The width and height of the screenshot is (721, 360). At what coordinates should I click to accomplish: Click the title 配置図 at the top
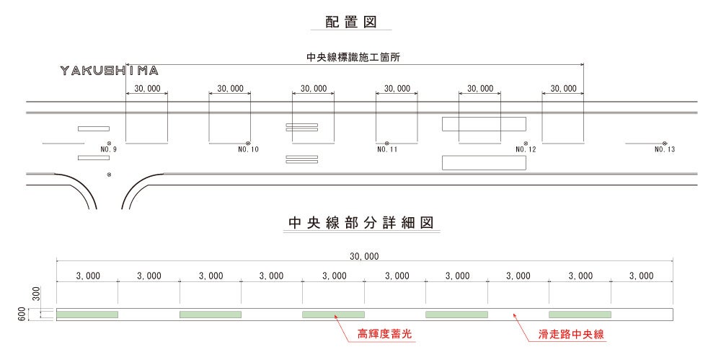pos(351,22)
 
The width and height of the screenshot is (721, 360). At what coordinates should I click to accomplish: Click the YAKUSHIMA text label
pos(110,71)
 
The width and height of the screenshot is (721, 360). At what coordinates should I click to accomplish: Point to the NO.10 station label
pos(247,150)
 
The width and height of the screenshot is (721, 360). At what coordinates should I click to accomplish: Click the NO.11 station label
pos(387,150)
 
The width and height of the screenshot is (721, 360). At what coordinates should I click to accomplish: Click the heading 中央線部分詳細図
pos(360,224)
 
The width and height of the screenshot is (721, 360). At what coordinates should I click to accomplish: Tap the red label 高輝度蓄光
pos(377,335)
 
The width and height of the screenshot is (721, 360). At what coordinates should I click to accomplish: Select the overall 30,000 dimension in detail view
pos(364,255)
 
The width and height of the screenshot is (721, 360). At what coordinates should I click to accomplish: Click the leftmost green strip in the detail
pos(87,315)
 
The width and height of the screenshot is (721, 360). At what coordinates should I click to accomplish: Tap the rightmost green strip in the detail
pos(580,315)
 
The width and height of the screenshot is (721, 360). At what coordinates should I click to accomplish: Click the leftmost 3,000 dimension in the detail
pos(87,276)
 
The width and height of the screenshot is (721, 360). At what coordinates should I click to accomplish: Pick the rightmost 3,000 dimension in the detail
pos(641,276)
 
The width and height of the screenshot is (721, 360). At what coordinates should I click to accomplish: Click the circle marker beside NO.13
pos(665,143)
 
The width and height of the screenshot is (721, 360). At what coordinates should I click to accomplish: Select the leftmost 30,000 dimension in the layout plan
pos(147,89)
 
